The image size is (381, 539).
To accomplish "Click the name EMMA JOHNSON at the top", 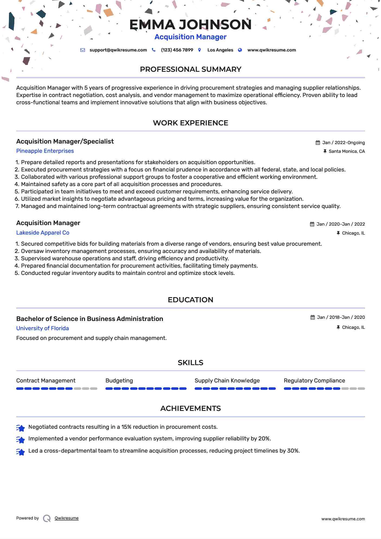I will pos(190,25).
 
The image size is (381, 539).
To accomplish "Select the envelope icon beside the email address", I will pos(83,50).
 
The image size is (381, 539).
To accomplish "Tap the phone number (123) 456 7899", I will pos(177,50).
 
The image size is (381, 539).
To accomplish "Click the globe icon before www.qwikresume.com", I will pos(240,50).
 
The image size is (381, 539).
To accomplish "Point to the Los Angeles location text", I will pos(220,50).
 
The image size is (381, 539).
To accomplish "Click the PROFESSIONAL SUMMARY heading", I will pos(190,69).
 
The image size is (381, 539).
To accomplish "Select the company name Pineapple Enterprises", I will pos(45,151).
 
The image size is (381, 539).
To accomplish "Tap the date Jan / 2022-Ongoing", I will pos(343,143).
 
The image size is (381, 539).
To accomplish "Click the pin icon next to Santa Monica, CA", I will pos(325,151).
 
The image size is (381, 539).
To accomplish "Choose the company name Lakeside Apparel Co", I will pos(43,233).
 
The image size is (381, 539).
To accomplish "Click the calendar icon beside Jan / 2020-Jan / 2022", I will pos(312,224).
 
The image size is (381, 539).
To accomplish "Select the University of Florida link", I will pos(43,328).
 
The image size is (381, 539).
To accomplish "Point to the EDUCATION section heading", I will pos(190,300).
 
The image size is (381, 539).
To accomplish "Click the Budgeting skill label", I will pos(119,381).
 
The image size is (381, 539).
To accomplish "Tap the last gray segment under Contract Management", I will pos(94,389).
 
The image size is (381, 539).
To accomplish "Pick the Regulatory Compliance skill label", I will pos(314,381).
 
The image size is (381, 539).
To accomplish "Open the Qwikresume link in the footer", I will pos(67,518).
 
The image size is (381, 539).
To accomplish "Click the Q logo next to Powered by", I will pos(47,518).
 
